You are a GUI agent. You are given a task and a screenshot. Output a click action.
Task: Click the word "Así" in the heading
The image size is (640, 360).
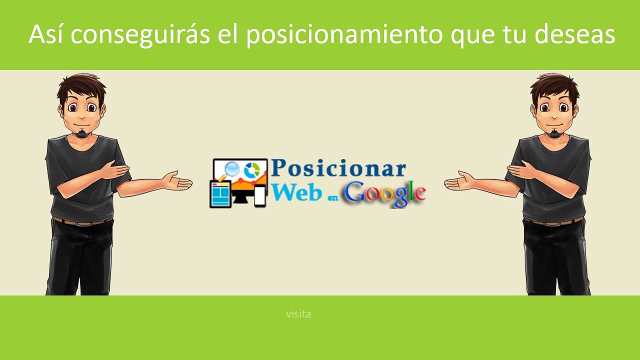[45, 34]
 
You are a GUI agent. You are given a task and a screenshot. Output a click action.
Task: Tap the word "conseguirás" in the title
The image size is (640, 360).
[140, 35]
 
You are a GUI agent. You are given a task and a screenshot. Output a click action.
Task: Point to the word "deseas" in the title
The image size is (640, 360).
[574, 34]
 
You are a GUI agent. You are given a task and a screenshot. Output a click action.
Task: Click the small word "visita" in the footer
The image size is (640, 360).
[298, 314]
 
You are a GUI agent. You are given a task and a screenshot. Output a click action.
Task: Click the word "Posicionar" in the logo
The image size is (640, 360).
[338, 168]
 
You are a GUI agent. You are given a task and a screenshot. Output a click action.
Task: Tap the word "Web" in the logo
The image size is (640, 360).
[296, 191]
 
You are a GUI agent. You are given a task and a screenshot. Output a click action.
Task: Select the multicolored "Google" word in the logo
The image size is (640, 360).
[385, 193]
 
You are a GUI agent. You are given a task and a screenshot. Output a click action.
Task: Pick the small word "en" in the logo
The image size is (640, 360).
[333, 197]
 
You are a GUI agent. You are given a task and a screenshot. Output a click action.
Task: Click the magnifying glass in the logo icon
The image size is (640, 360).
[229, 171]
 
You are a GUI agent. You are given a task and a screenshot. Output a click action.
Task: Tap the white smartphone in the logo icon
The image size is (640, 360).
[259, 195]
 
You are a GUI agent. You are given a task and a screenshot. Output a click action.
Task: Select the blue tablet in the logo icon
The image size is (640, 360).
[220, 194]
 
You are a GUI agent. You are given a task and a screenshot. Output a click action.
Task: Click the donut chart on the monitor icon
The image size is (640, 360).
[251, 169]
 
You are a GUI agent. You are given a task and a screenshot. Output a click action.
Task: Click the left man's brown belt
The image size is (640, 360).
[82, 221]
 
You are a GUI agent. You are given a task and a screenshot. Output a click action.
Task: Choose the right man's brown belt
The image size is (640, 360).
[553, 221]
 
